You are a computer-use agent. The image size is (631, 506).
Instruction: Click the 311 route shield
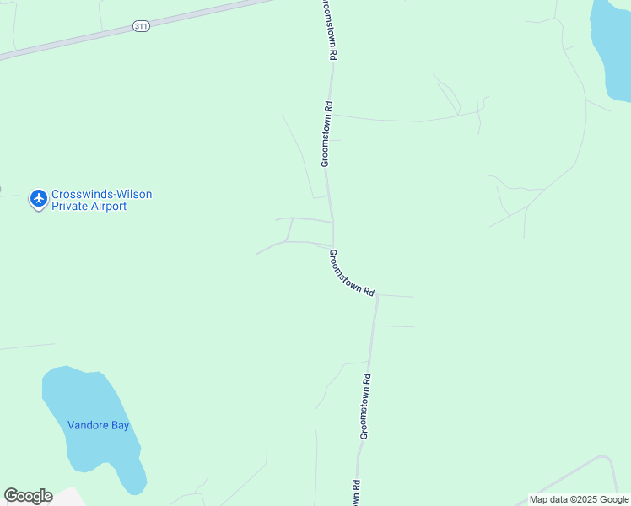coord(141,27)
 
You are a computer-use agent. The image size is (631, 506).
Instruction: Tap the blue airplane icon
coord(38,199)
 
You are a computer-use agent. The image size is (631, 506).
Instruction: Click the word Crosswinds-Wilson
coord(101,194)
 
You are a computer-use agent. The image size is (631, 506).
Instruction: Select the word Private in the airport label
coord(70,207)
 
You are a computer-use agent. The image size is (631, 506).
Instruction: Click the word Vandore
coord(89,426)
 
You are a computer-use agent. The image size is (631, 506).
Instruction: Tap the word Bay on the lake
coord(120,426)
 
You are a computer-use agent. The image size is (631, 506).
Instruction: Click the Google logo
coord(28,496)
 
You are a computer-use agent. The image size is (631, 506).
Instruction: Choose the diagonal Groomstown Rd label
coord(352,272)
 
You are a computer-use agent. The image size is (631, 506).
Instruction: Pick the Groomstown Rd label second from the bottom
coord(366,406)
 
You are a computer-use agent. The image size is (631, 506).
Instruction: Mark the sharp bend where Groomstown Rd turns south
coord(377,297)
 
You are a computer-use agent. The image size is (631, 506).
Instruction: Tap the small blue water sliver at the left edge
coord(1,189)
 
